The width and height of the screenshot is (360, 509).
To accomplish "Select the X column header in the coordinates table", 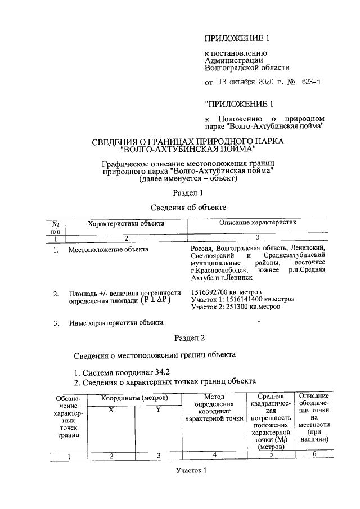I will (x=111, y=411).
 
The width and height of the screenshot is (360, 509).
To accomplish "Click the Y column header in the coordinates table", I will (x=159, y=410).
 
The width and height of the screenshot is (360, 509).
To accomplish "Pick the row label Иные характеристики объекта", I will (x=116, y=322).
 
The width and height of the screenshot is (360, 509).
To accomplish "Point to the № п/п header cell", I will (x=55, y=226).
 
